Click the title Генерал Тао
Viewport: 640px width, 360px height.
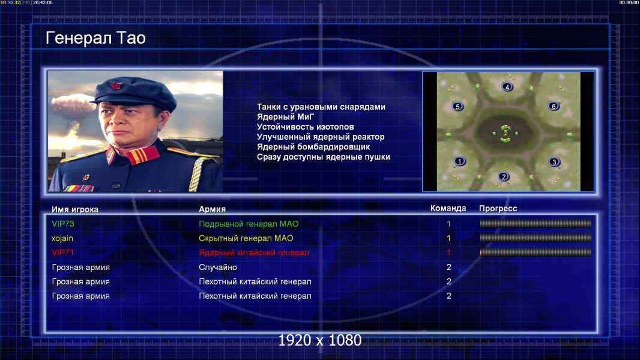(95, 38)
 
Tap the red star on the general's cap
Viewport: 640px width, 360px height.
(115, 86)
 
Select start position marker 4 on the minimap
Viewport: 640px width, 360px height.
(507, 86)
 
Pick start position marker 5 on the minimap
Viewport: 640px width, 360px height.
(457, 106)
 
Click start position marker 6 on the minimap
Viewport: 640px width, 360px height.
(554, 106)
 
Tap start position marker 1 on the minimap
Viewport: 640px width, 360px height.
(459, 161)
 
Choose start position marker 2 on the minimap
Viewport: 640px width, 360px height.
(504, 176)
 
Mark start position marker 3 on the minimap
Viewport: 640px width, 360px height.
(554, 162)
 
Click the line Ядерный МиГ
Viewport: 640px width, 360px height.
(285, 116)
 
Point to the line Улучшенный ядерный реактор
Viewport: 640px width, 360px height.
(321, 137)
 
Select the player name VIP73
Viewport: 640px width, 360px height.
(63, 224)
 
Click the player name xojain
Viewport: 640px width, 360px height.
(62, 238)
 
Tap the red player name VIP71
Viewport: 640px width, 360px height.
(63, 253)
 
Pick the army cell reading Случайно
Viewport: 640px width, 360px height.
(217, 268)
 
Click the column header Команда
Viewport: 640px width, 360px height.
(448, 208)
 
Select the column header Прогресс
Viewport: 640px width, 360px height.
(498, 209)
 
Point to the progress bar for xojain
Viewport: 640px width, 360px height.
(536, 238)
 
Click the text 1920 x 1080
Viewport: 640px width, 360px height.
(319, 340)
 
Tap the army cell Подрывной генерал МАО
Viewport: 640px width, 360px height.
(249, 224)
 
